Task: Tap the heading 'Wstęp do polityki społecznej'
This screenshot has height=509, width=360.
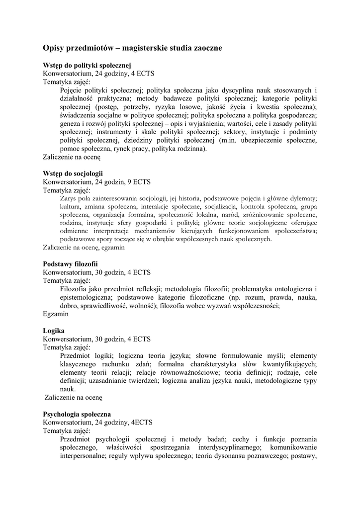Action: point(87,65)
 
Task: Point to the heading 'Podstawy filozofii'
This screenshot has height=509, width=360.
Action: point(70,263)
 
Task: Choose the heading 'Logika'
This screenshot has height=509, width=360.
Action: point(54,330)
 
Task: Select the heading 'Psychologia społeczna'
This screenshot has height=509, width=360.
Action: point(77,414)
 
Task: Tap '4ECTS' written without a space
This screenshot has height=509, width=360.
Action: point(142,422)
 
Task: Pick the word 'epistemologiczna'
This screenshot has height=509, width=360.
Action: point(85,297)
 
